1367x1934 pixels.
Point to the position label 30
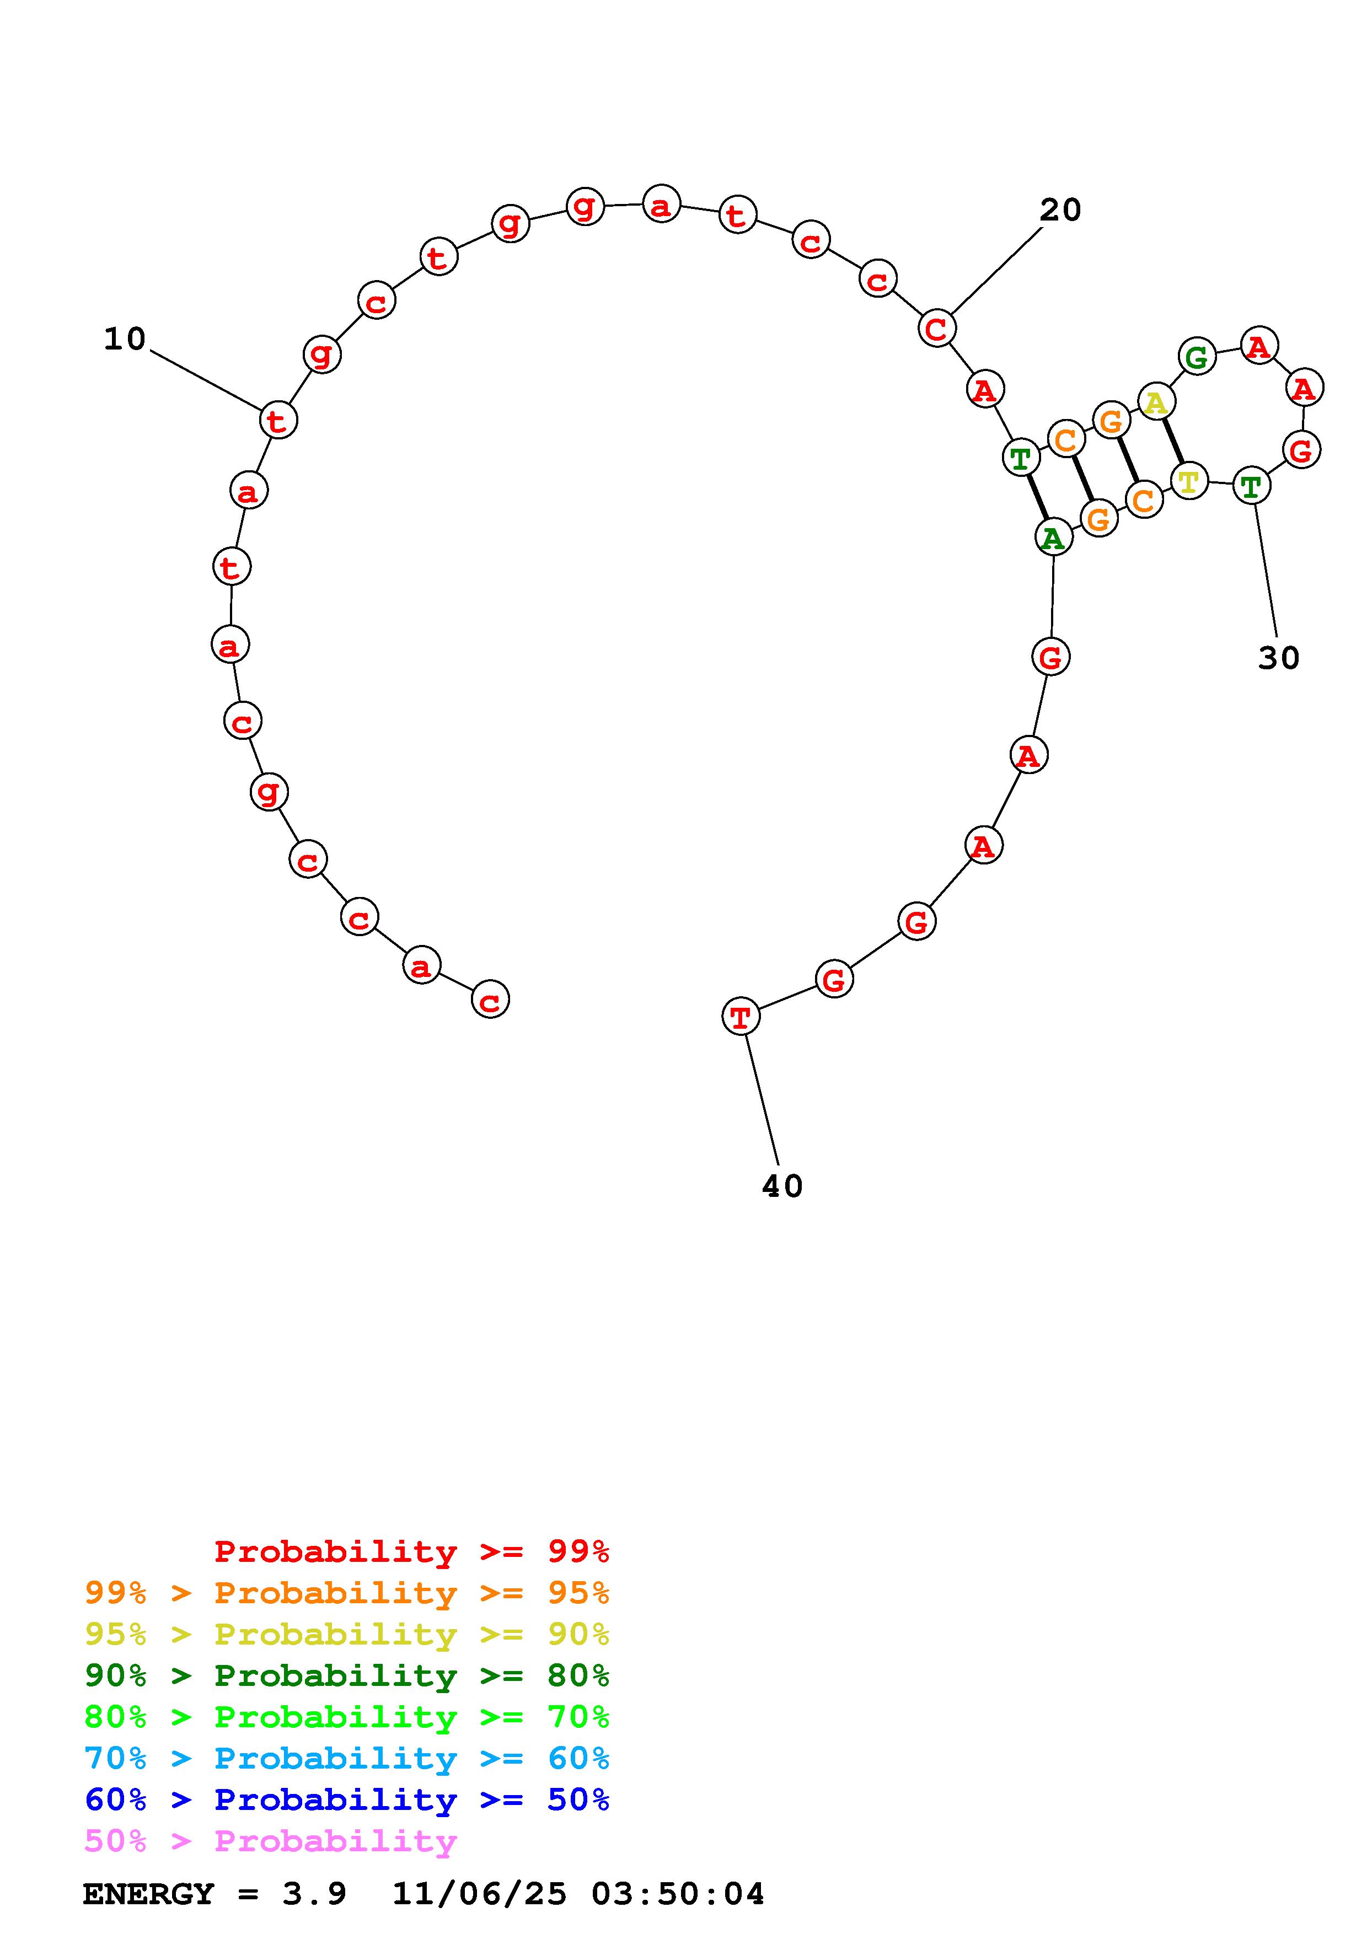(x=1279, y=658)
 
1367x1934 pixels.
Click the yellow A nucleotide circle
(x=1156, y=402)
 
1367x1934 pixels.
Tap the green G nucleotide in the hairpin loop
(x=1197, y=356)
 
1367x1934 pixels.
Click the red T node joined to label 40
(x=741, y=1016)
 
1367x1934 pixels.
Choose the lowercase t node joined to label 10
(x=278, y=420)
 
